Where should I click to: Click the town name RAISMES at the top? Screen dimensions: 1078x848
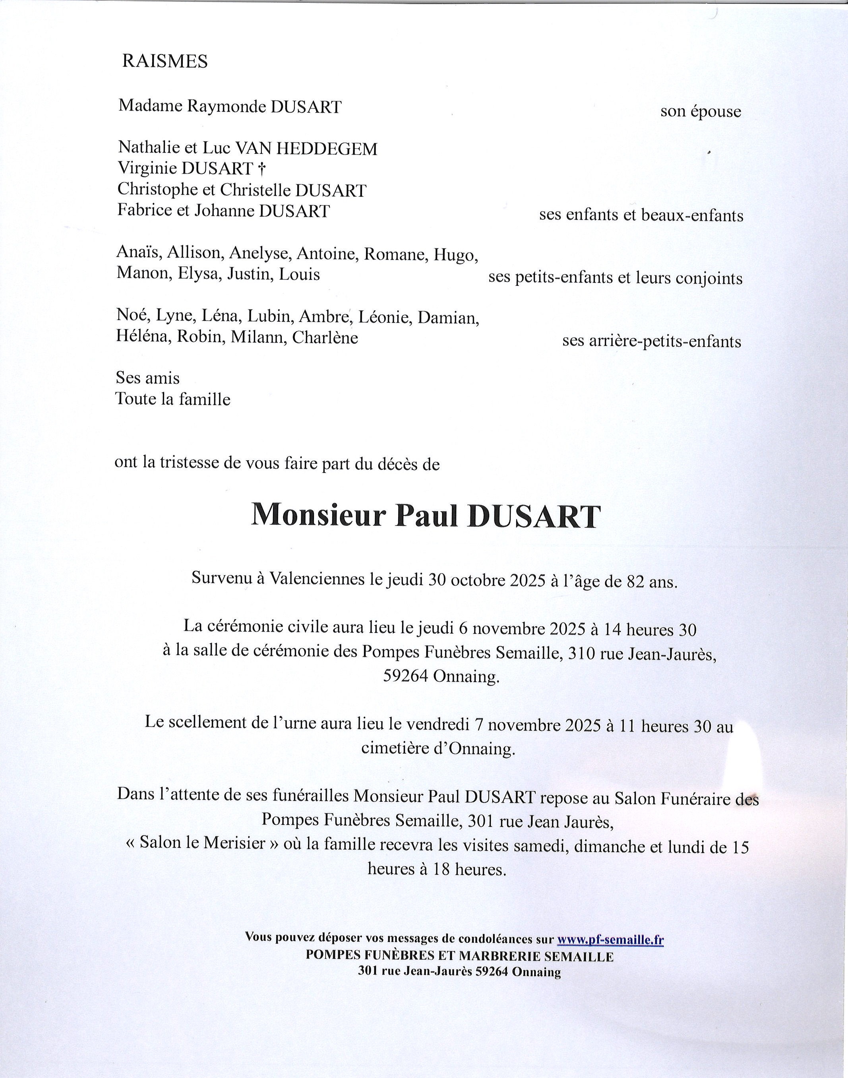point(165,61)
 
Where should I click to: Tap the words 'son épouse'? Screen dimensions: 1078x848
point(700,111)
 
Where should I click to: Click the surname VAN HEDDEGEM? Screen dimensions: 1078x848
point(306,149)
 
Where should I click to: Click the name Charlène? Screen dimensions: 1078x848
point(325,337)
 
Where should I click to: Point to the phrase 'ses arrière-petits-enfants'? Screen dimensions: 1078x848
point(651,341)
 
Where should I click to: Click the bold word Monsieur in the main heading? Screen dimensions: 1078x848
point(318,516)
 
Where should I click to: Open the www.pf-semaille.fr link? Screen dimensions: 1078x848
point(611,938)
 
